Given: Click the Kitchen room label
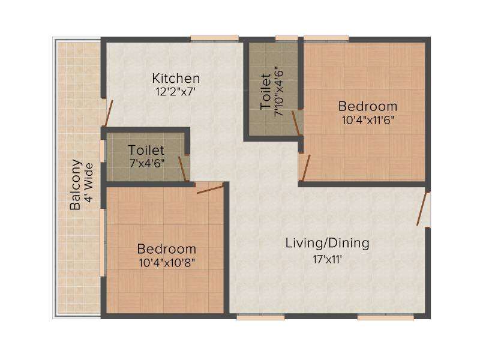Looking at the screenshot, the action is [176, 79].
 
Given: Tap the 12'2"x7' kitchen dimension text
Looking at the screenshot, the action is [175, 91].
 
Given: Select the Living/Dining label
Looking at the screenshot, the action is [327, 243].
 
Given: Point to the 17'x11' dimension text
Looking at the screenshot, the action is [327, 259].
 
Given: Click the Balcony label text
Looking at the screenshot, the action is [76, 185].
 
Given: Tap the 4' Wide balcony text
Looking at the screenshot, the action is [88, 182].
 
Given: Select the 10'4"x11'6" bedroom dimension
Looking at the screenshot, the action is [367, 119].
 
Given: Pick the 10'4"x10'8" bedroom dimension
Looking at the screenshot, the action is [167, 263].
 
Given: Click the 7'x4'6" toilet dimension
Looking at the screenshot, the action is [146, 163].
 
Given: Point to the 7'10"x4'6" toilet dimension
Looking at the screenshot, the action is [279, 92].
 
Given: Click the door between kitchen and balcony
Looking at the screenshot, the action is [109, 113].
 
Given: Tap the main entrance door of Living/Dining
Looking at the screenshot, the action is [422, 209].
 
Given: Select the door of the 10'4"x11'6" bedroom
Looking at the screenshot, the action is [306, 168].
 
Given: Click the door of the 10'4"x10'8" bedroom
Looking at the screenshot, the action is [209, 190].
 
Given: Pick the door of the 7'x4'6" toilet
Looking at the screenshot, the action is [182, 169].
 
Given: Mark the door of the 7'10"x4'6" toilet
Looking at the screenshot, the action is [295, 123].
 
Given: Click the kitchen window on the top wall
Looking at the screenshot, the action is [215, 38].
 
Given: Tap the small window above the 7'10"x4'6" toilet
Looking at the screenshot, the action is [286, 38].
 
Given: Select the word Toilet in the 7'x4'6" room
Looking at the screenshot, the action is [146, 150].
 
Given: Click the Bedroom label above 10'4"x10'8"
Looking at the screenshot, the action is [167, 249].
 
